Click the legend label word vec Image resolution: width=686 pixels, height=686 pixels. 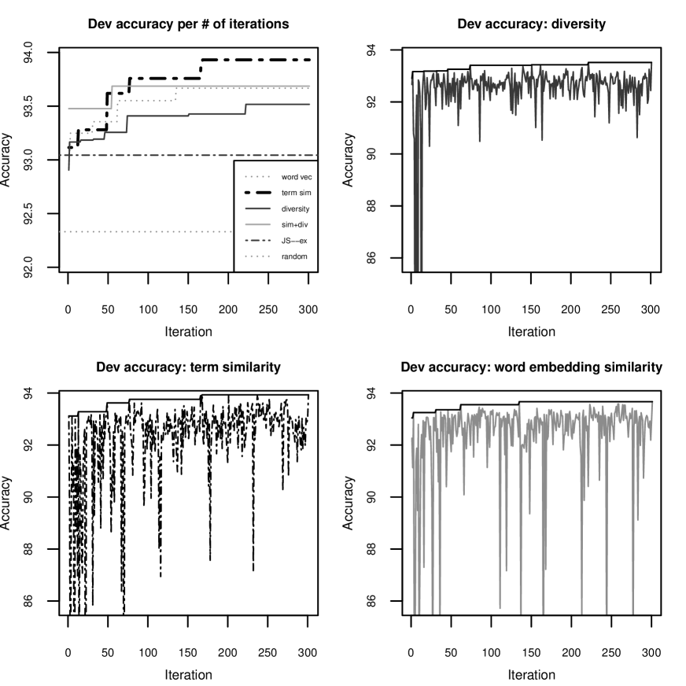297,177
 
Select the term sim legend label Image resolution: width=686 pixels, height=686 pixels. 297,193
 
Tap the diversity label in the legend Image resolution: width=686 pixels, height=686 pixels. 295,209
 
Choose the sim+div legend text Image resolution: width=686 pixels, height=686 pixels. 294,225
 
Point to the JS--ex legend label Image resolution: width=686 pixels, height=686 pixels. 294,241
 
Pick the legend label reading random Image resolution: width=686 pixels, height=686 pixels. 294,256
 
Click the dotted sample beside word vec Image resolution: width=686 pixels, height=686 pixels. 258,177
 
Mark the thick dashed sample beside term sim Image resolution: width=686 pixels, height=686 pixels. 258,193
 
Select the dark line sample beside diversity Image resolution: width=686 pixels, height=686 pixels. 258,209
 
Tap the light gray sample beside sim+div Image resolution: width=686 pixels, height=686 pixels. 258,225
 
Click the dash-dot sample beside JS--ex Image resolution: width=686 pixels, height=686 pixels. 258,241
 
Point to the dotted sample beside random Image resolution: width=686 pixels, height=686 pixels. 258,256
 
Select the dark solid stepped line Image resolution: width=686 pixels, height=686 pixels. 212,114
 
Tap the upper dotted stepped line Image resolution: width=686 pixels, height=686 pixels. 146,100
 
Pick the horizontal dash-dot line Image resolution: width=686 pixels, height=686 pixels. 157,156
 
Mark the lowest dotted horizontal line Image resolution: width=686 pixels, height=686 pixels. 142,231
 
